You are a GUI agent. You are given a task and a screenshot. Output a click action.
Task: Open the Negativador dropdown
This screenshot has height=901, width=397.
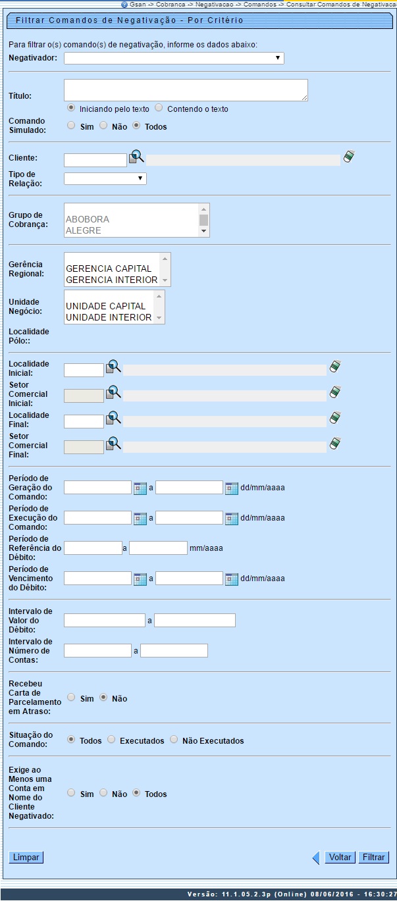coord(174,59)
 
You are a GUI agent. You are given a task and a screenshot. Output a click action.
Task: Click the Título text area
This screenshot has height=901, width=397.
coord(186,90)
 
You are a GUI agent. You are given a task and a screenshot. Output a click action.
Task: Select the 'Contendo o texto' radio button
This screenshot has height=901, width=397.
coord(159,109)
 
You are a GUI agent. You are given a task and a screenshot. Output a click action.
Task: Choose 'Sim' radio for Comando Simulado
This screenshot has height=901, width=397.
coord(71,126)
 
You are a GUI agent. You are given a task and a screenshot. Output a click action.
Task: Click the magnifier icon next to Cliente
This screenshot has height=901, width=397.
coord(136,157)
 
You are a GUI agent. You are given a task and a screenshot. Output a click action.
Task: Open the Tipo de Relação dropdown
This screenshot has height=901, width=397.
coord(105,178)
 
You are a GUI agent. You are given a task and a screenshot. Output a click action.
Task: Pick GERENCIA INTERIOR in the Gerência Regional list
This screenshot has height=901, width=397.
coord(111,280)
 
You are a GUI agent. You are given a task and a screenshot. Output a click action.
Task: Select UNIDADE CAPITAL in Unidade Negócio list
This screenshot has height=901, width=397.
coord(105,306)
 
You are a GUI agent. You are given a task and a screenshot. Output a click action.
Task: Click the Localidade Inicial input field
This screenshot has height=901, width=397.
coord(84,370)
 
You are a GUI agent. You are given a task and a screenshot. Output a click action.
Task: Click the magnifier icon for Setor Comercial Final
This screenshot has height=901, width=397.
coord(114,444)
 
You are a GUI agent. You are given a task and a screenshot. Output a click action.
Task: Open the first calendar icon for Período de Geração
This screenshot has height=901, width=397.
coord(140,488)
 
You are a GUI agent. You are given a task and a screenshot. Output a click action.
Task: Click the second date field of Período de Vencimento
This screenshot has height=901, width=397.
coord(189,579)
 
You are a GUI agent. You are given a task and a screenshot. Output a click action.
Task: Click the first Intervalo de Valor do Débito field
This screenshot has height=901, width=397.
coord(104,620)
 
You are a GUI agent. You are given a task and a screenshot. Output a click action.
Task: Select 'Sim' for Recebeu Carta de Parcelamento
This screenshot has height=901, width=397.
coord(71,698)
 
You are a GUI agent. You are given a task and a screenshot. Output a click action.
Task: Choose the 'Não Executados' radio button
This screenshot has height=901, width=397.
coord(174,740)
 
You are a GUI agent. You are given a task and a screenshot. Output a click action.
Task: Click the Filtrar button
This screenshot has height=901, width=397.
coord(373,858)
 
